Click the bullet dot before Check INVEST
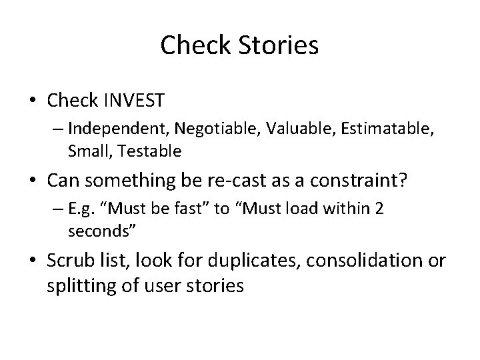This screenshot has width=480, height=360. pos(32,101)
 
